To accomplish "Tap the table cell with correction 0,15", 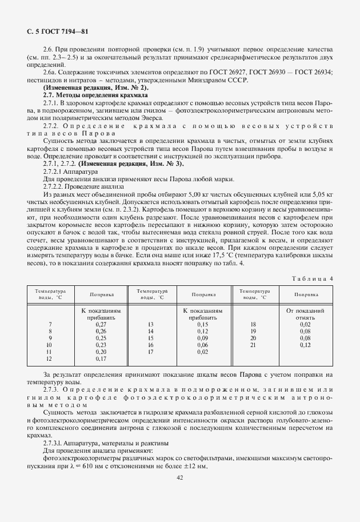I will click(202, 324).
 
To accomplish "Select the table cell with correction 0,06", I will click(202, 345).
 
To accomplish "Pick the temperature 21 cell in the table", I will click(253, 345).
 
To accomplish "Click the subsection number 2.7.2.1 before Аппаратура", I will click(55, 171).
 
